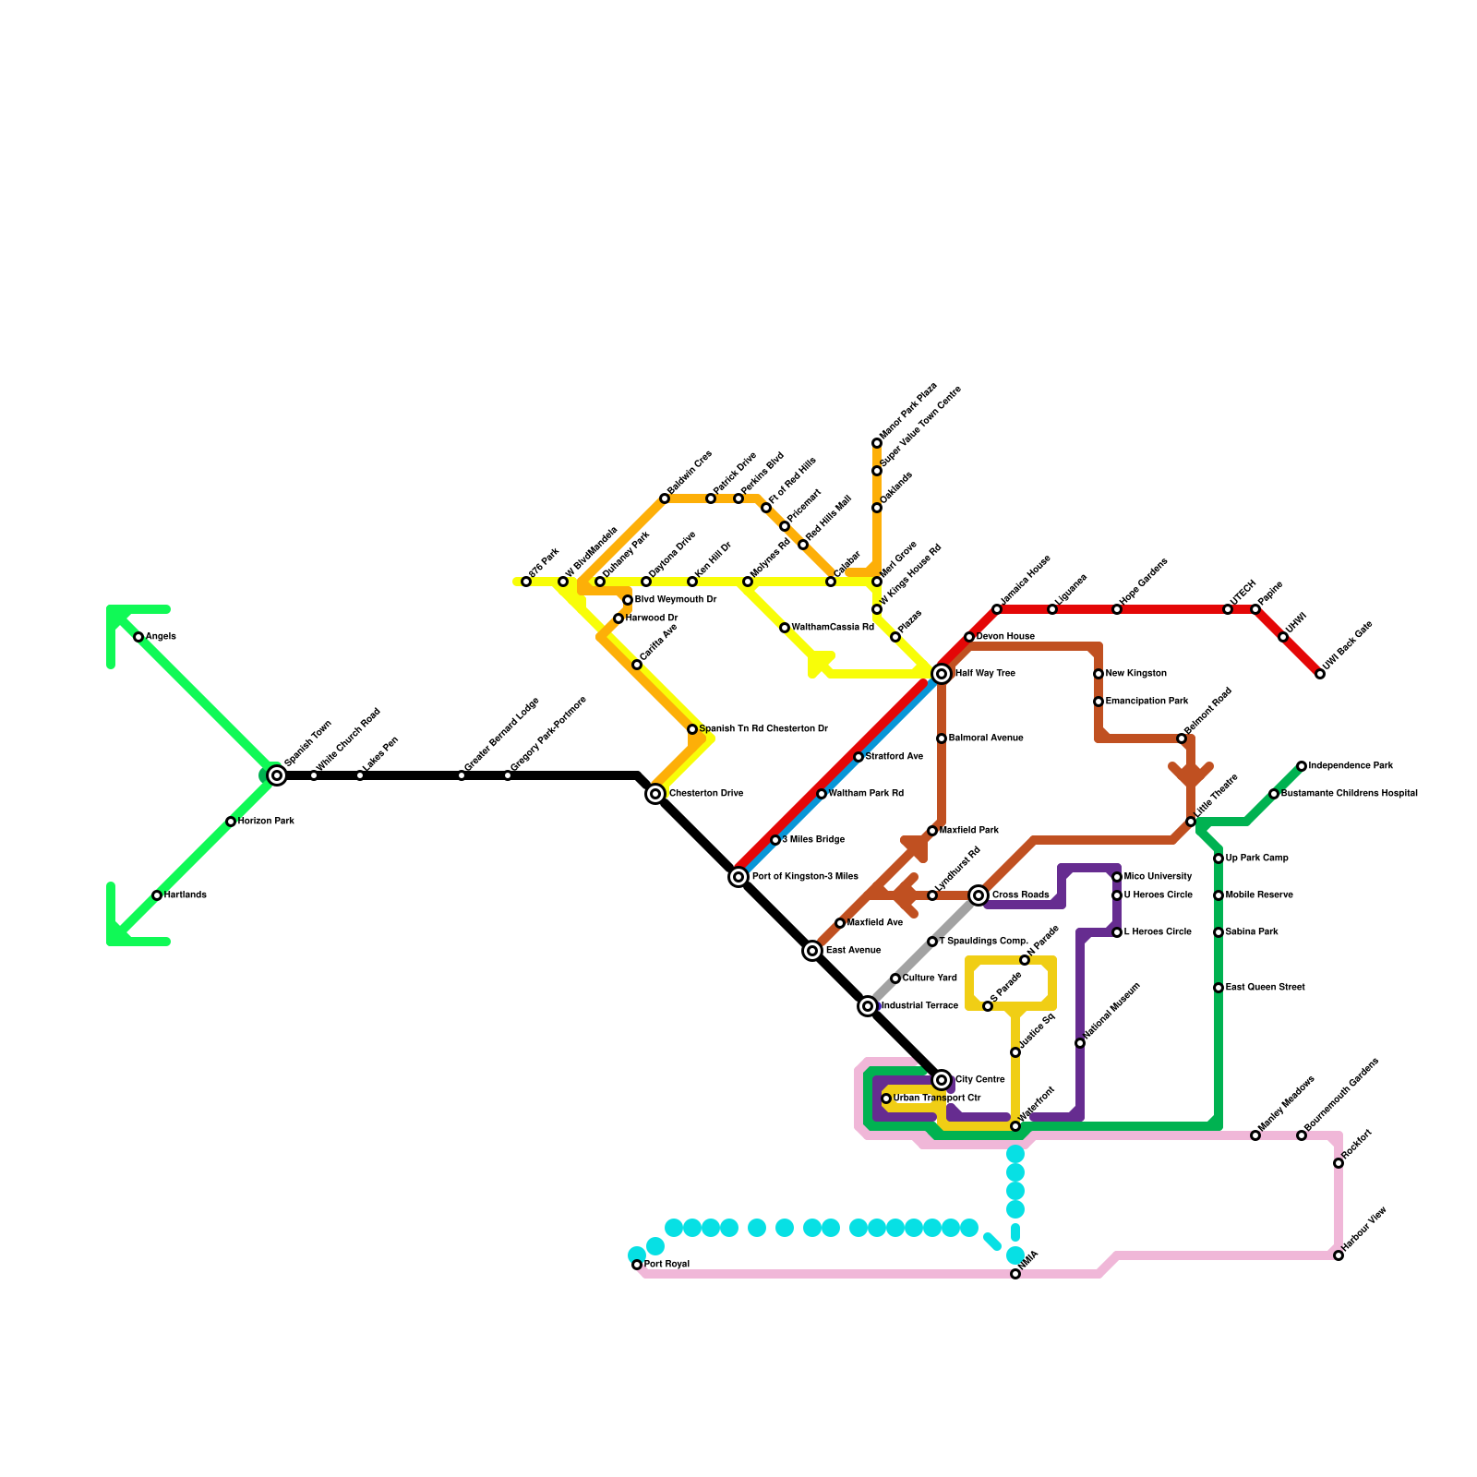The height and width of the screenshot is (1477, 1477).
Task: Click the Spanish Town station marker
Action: [x=277, y=775]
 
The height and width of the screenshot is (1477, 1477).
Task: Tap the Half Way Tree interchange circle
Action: [x=942, y=674]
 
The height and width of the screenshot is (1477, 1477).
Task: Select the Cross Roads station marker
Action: [x=979, y=895]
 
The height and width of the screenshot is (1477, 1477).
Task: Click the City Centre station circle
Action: [x=942, y=1080]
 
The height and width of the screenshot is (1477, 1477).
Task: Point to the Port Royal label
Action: [x=666, y=1265]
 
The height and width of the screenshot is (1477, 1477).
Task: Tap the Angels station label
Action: [x=161, y=637]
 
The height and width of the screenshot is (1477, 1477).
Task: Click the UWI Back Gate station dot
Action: [x=1320, y=674]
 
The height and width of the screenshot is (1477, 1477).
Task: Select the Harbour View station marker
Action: [x=1339, y=1255]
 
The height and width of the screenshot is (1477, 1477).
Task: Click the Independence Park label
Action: [x=1351, y=766]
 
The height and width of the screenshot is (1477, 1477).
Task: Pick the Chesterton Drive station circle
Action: [x=655, y=794]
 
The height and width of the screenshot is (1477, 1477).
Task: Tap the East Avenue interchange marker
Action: [x=812, y=951]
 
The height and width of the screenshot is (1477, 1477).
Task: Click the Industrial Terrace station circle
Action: [x=868, y=1006]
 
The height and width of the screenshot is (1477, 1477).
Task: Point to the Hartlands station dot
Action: [x=157, y=895]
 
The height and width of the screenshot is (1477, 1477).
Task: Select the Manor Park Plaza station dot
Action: [x=877, y=443]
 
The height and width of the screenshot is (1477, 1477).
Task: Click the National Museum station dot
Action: [x=1080, y=1043]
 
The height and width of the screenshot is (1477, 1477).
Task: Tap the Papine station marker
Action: [x=1255, y=609]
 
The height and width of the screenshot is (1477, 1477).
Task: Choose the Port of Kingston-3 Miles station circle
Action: [x=738, y=877]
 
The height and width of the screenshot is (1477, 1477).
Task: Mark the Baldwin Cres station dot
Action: [x=665, y=498]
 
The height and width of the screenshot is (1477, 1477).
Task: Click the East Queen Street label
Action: [x=1265, y=988]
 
